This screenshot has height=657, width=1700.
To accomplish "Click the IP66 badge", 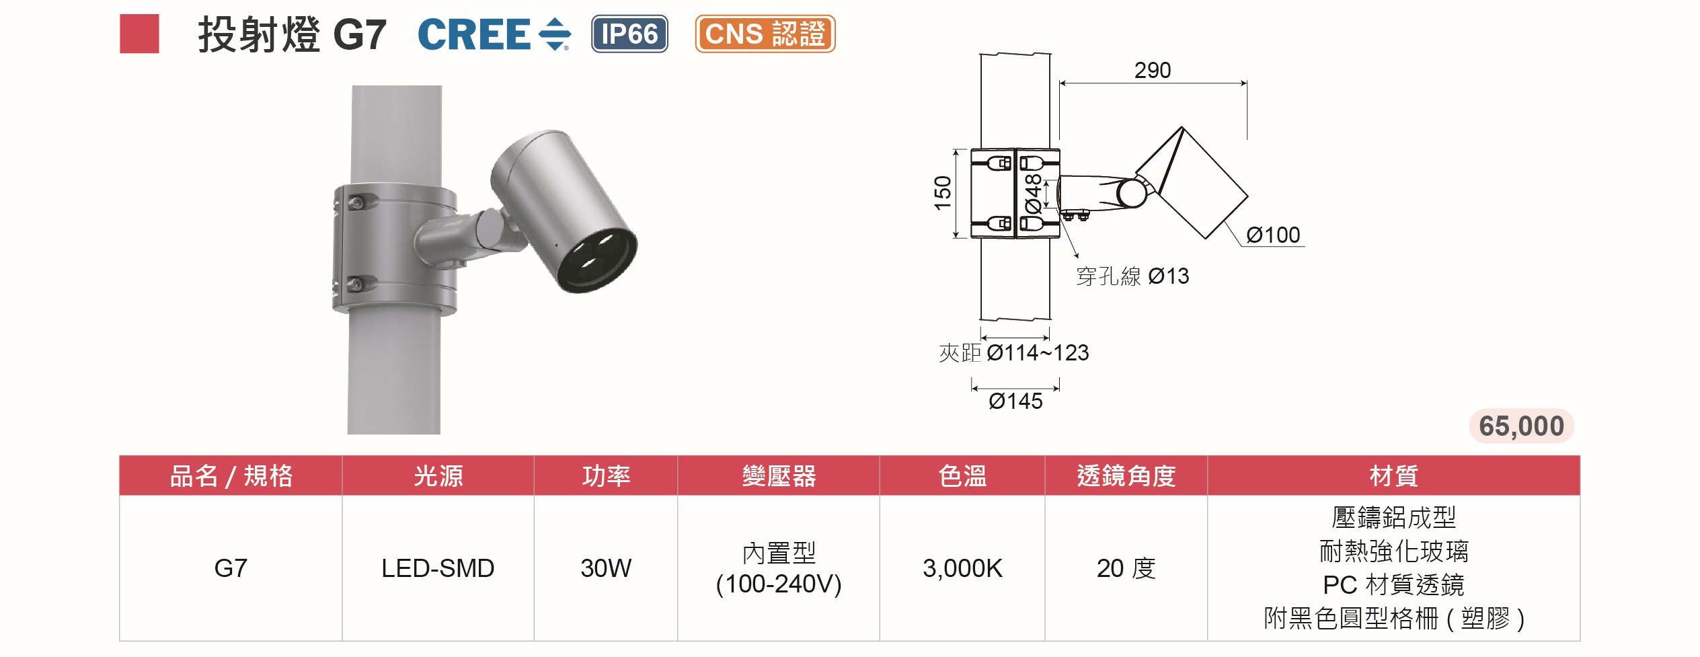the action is click(x=629, y=34).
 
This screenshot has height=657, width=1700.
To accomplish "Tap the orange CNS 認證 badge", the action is click(x=765, y=34).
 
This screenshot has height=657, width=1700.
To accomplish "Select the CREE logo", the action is click(x=494, y=34).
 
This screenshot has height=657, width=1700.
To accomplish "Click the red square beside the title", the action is click(x=139, y=34).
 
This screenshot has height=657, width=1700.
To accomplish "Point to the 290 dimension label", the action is click(x=1153, y=70).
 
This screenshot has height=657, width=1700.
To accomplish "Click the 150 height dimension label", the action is click(x=943, y=193).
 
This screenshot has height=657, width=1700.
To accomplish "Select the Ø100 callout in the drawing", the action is click(x=1273, y=235).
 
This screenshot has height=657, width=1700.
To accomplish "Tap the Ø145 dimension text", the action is click(x=1015, y=401).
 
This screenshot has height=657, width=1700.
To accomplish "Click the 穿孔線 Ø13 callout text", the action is click(x=1132, y=276).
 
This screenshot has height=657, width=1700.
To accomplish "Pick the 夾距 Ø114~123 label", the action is click(x=1013, y=352).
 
